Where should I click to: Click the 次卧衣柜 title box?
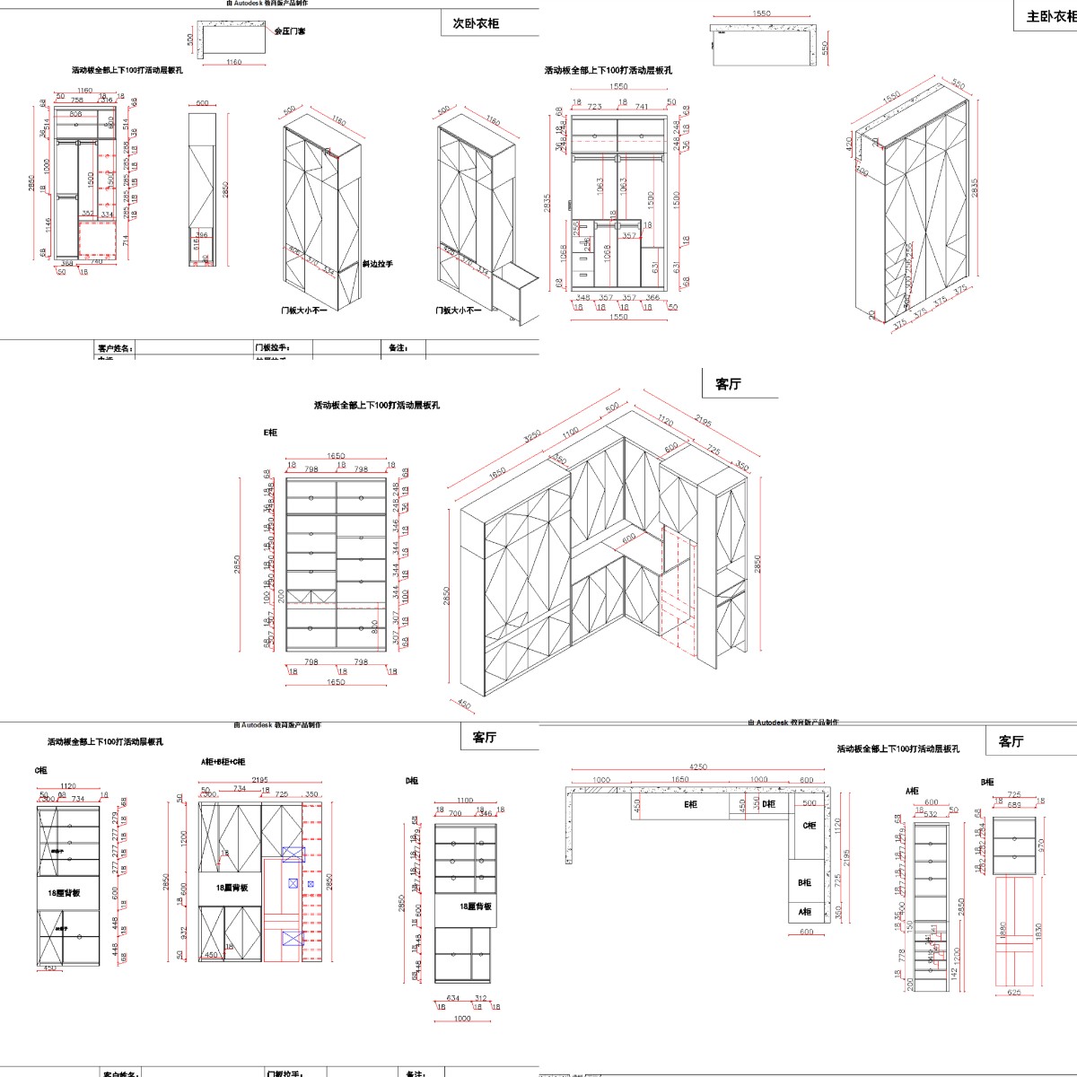pos(476,23)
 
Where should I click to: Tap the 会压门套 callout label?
pos(289,31)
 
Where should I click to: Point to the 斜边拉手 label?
pos(377,264)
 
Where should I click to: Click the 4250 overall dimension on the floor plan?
pos(698,767)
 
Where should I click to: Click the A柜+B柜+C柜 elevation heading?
pos(223,762)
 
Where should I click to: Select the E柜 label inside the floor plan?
pos(690,805)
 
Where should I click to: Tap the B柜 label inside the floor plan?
pos(805,882)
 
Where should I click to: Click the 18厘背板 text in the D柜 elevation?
pos(475,906)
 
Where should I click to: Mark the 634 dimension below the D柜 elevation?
pos(452,998)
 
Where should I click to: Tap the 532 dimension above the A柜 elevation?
pos(931,814)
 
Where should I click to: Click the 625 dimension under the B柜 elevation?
pos(1014,993)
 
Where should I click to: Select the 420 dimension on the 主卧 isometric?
pos(849,144)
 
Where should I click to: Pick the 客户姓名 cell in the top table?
pos(115,348)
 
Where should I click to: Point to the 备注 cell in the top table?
pos(398,348)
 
